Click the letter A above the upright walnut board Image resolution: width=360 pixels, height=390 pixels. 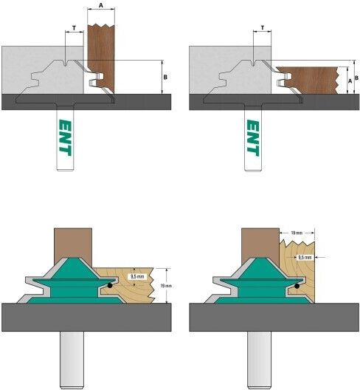(x=101, y=5)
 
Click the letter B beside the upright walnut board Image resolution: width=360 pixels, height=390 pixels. (x=165, y=78)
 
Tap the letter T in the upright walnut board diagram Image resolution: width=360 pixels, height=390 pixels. (x=74, y=28)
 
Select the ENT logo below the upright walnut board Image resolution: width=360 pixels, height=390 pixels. (x=65, y=137)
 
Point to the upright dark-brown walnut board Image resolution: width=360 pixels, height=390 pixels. (x=101, y=58)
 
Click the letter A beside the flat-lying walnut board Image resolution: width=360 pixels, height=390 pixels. (x=350, y=81)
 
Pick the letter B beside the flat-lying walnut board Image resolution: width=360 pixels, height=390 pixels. (x=356, y=78)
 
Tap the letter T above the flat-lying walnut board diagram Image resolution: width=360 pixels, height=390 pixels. (x=263, y=28)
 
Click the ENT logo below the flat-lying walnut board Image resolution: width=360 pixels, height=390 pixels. (x=253, y=138)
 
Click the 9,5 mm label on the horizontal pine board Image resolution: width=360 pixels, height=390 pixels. (x=137, y=276)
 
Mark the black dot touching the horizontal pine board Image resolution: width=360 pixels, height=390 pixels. (x=110, y=286)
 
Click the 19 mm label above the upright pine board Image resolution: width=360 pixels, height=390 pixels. (x=297, y=233)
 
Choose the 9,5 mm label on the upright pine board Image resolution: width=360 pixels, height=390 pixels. (x=305, y=258)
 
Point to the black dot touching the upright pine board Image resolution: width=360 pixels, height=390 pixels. (x=297, y=286)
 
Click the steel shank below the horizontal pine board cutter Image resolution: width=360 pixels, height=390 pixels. (x=72, y=360)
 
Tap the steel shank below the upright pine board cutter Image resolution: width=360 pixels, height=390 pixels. (x=259, y=360)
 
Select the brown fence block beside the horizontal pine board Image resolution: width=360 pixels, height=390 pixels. (x=73, y=246)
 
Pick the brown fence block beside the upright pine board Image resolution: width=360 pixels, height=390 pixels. (x=260, y=246)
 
